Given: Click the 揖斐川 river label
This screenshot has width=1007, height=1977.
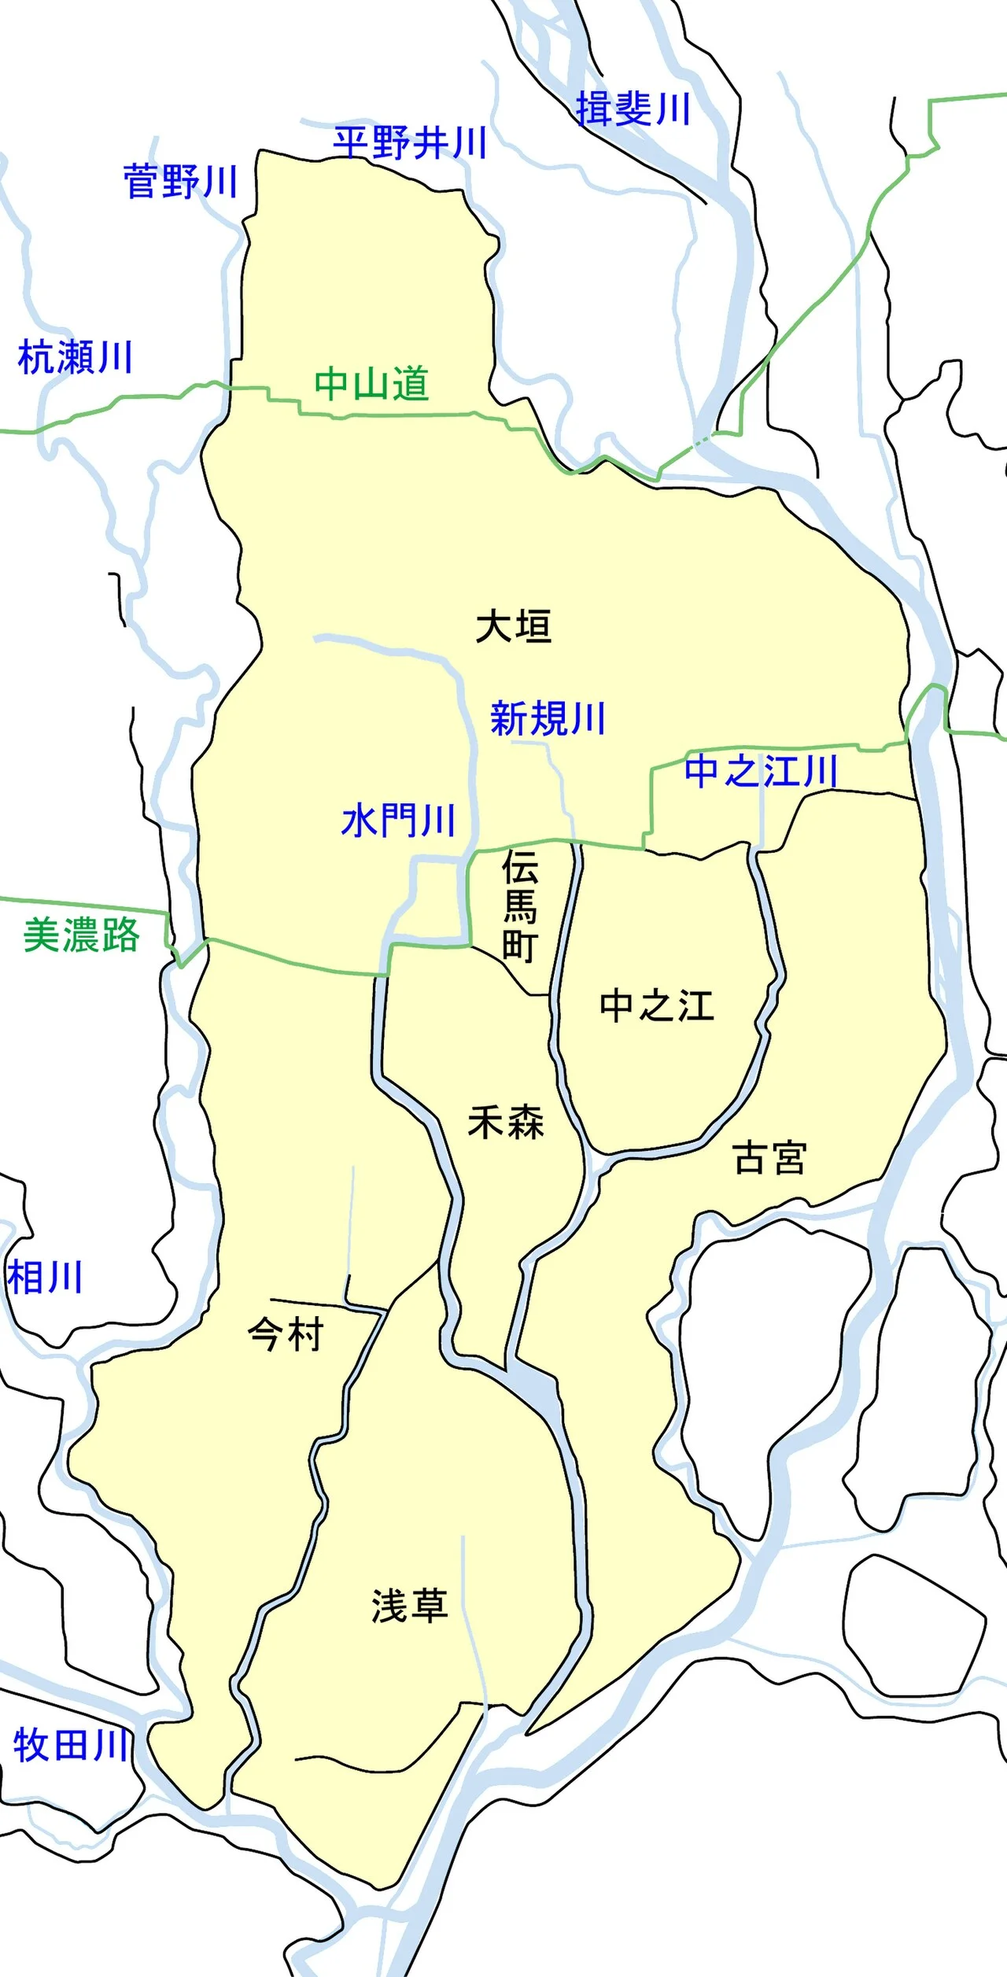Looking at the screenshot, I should [633, 109].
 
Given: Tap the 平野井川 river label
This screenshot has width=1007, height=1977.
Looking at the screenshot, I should [409, 143].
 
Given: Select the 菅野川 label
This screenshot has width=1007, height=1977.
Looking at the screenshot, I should [180, 182].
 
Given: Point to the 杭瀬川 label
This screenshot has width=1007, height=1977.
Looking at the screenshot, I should [75, 357].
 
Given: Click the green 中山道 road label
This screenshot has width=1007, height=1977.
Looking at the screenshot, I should [371, 384].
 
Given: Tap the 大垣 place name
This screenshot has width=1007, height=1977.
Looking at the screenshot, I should [514, 626].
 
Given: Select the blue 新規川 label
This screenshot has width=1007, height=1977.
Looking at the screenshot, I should [548, 718].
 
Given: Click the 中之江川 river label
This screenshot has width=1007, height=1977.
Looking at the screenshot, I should [761, 770].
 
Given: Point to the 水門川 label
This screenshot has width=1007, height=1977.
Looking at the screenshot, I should [399, 821].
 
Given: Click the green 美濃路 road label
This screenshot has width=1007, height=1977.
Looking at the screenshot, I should [81, 935].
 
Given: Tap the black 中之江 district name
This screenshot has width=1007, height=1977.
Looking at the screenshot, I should [657, 1006].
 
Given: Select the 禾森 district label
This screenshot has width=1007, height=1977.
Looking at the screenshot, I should [506, 1123].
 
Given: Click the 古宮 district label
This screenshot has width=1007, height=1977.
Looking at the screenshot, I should [769, 1158].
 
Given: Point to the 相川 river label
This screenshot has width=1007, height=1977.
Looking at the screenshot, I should [45, 1277].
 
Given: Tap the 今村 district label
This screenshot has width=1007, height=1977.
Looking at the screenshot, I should [286, 1335].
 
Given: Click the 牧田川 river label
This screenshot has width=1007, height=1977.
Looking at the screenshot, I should [71, 1746].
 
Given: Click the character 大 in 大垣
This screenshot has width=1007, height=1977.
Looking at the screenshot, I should [495, 626].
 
